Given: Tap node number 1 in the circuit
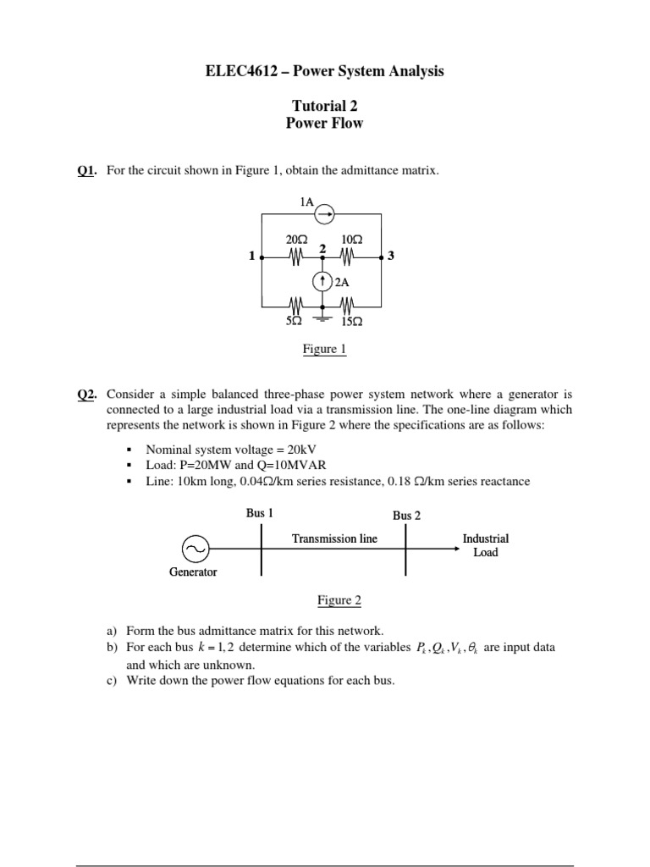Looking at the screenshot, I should click(251, 257).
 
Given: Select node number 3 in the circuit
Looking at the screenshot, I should click(390, 257).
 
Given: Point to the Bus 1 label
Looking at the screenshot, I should click(260, 512).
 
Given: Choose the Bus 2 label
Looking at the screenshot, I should click(406, 515).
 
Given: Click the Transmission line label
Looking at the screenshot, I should click(334, 538).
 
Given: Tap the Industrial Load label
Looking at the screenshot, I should click(486, 545).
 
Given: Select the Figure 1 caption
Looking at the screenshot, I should click(324, 349).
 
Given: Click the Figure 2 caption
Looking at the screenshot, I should click(339, 600).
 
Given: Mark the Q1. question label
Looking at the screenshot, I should click(87, 171).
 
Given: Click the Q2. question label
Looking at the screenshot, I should click(87, 394).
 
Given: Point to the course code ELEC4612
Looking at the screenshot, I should click(240, 71).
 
